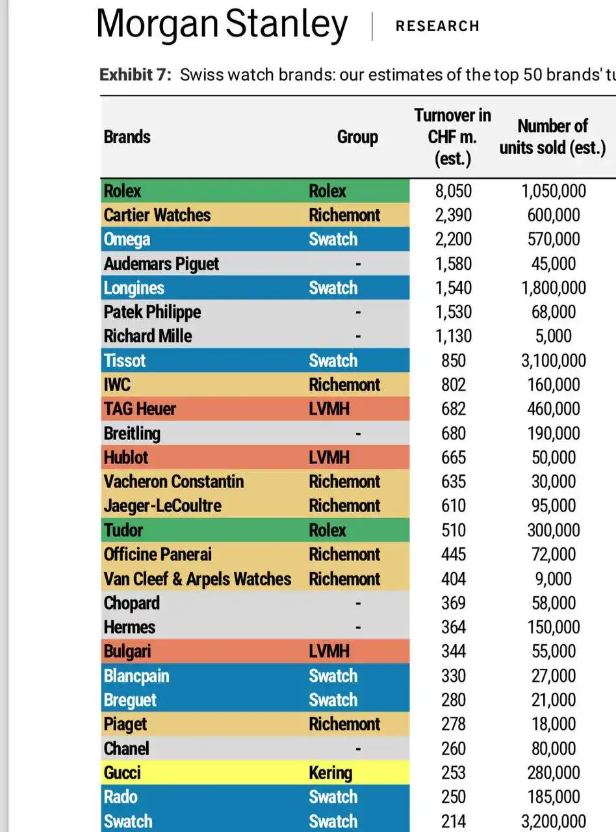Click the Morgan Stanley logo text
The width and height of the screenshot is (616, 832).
pyautogui.click(x=222, y=25)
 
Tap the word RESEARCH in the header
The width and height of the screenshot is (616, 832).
pyautogui.click(x=437, y=26)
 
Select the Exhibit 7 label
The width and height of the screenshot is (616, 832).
pyautogui.click(x=135, y=75)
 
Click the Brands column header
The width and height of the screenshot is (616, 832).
pyautogui.click(x=127, y=137)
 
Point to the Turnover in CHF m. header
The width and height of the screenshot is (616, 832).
pyautogui.click(x=452, y=137)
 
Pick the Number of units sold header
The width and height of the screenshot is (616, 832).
pyautogui.click(x=552, y=137)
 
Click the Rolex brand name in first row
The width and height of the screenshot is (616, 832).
pyautogui.click(x=122, y=191)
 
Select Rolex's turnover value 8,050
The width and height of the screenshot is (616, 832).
pyautogui.click(x=453, y=191)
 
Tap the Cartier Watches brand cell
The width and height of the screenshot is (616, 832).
pyautogui.click(x=157, y=215)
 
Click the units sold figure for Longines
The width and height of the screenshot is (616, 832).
pyautogui.click(x=553, y=288)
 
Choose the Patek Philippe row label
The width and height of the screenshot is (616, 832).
pyautogui.click(x=152, y=312)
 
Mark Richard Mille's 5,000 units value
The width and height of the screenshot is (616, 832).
pyautogui.click(x=554, y=336)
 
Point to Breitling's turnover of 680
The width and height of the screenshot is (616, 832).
pyautogui.click(x=453, y=433)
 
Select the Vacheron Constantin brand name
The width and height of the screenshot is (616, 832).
pyautogui.click(x=173, y=482)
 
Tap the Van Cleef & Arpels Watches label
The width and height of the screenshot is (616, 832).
pyautogui.click(x=197, y=578)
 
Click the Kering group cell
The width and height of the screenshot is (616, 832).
pyautogui.click(x=330, y=773)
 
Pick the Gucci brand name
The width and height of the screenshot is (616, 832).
pyautogui.click(x=122, y=773)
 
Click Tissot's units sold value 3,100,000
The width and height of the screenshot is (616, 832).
pyautogui.click(x=553, y=361)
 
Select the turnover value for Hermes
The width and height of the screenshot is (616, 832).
pyautogui.click(x=453, y=627)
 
